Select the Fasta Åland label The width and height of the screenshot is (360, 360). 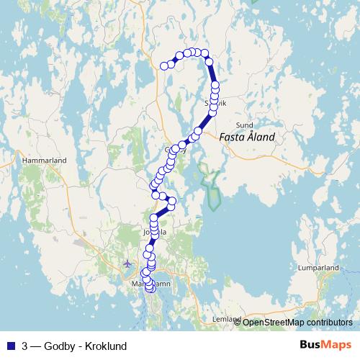pos(246,137)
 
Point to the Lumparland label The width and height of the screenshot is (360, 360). pos(318,267)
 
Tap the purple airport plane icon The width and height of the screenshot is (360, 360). pos(127,263)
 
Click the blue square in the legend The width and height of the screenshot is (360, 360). pos(10,346)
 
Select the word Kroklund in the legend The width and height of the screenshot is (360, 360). pos(106,346)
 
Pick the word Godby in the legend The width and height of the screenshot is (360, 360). pos(60,346)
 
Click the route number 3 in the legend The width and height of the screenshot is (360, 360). pos(25,346)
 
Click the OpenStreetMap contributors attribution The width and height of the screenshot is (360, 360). pos(297,322)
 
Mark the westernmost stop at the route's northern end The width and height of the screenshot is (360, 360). pos(164,66)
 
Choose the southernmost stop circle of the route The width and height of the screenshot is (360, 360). pos(150,289)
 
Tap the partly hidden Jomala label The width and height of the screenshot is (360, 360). pos(159,233)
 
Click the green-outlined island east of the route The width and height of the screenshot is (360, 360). pos(210,186)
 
